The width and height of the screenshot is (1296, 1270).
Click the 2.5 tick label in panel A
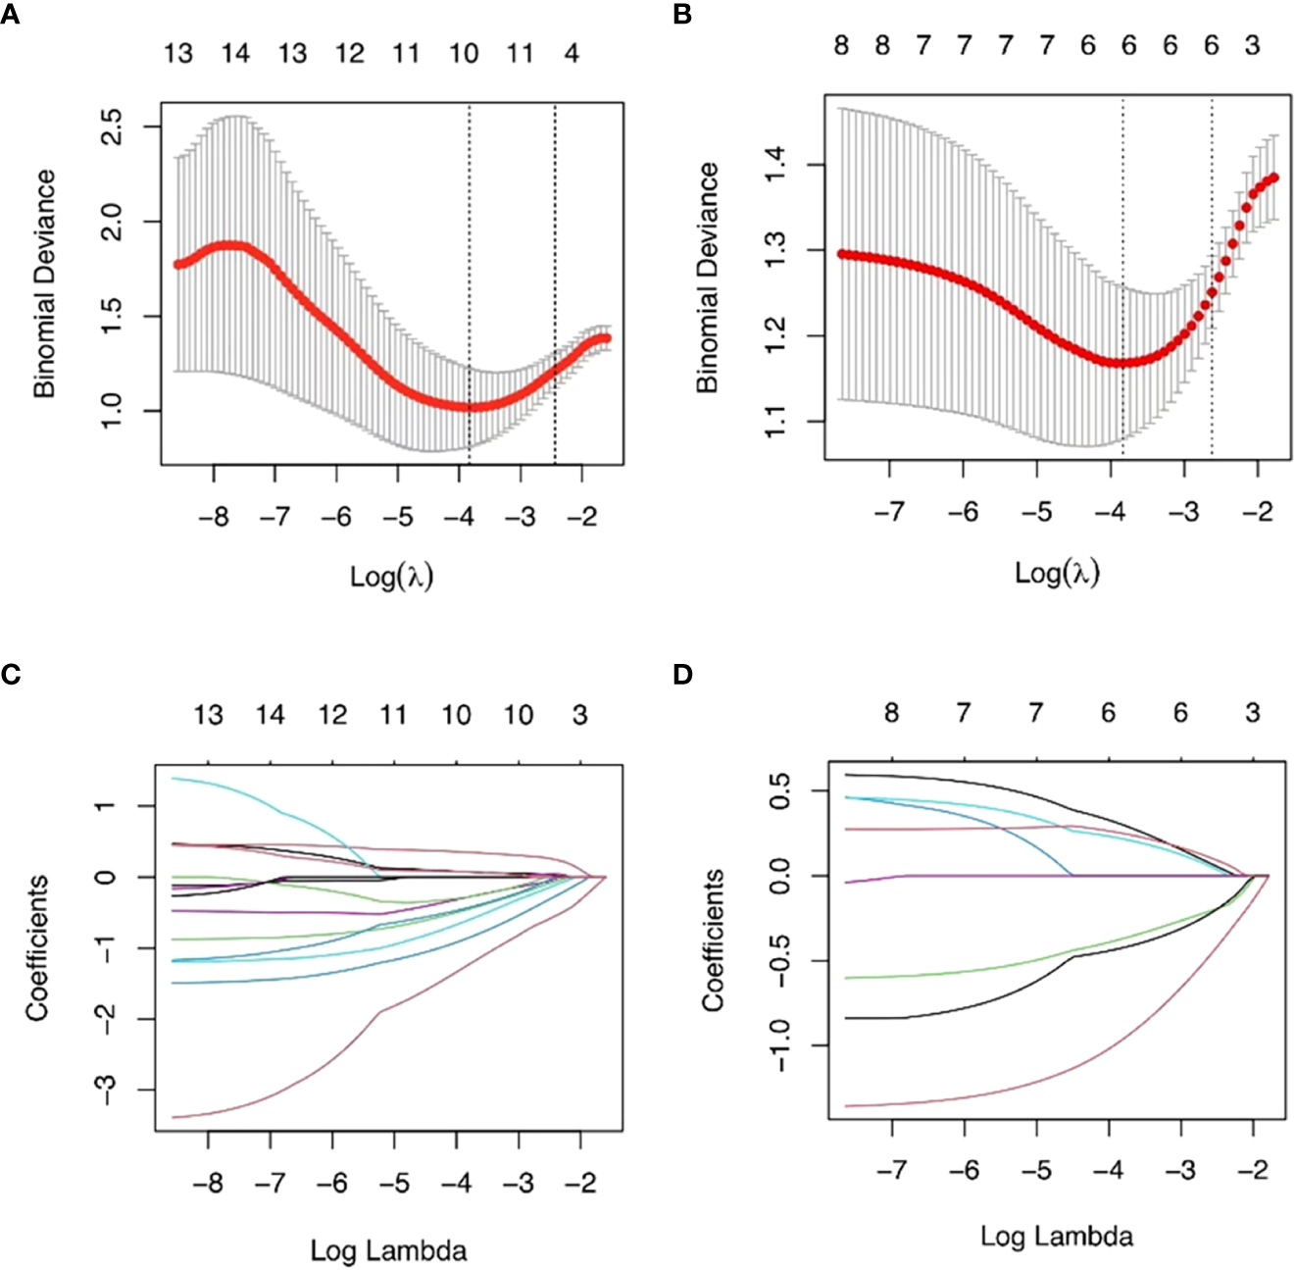click(x=114, y=127)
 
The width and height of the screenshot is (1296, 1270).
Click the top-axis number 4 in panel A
click(x=572, y=53)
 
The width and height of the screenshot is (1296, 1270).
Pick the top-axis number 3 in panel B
click(x=1253, y=46)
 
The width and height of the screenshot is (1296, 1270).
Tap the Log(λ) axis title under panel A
click(x=391, y=576)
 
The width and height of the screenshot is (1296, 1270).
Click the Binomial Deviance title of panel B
click(x=707, y=278)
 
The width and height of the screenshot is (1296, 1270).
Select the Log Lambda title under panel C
click(x=388, y=1250)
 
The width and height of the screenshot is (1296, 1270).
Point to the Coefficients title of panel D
click(x=713, y=940)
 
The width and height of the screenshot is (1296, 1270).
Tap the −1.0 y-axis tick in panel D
click(x=778, y=1045)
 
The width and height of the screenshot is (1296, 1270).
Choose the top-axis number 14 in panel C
click(x=271, y=715)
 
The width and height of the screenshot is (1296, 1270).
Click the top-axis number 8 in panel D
click(x=891, y=713)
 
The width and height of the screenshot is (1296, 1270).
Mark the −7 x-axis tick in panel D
click(x=891, y=1170)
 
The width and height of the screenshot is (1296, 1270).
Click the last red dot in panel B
click(x=1273, y=178)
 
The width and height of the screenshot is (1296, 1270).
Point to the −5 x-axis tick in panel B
click(x=1036, y=512)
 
